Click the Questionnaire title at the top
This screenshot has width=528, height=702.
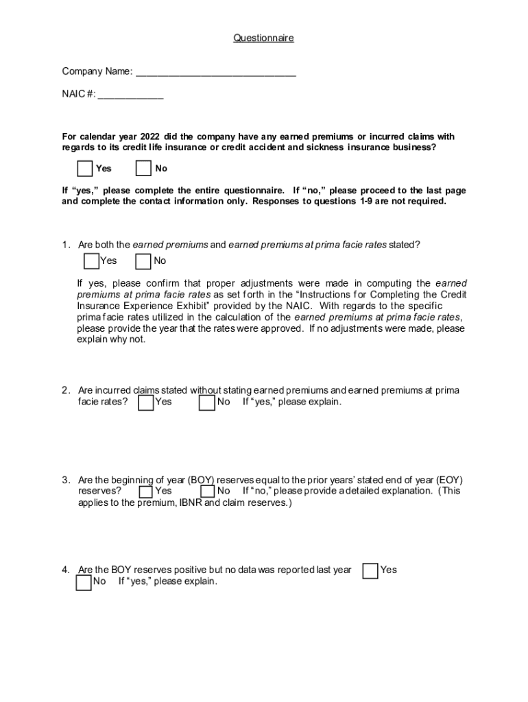[x=263, y=38]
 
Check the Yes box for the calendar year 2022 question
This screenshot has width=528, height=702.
[x=85, y=169]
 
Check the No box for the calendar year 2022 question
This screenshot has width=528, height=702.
[x=143, y=169]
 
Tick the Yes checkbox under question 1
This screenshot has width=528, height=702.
[x=91, y=261]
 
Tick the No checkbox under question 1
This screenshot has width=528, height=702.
[x=143, y=261]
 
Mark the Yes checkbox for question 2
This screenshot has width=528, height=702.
[x=146, y=402]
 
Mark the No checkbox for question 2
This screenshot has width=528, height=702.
[x=207, y=402]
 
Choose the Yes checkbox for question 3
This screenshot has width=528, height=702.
[x=146, y=492]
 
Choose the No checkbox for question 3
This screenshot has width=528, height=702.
[x=208, y=492]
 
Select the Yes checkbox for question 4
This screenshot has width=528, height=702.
[x=370, y=570]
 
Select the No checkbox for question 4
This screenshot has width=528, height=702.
[x=84, y=582]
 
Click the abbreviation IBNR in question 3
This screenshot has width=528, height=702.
[x=191, y=503]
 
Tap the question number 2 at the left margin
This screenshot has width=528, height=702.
[x=65, y=391]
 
